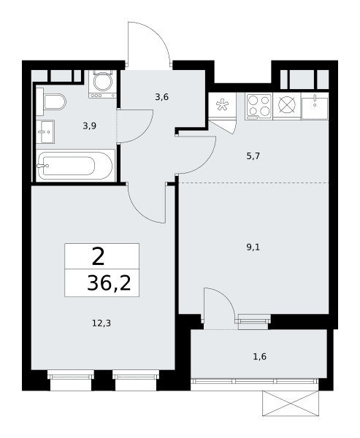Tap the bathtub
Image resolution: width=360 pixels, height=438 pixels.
click(x=75, y=166)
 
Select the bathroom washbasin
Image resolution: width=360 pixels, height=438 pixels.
click(x=45, y=131)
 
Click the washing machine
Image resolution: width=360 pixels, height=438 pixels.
click(x=102, y=84)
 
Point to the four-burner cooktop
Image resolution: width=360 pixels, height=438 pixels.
click(x=258, y=107)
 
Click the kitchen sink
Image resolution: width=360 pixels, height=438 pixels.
click(x=315, y=107)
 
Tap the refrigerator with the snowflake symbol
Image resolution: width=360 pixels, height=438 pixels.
click(x=223, y=107)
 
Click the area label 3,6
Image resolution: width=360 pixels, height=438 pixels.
click(x=162, y=97)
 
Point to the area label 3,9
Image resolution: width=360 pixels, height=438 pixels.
click(x=89, y=126)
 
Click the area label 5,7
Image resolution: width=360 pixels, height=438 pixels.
click(x=253, y=156)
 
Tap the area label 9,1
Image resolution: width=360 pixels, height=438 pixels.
click(x=253, y=247)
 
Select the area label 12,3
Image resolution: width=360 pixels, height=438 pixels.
click(x=102, y=323)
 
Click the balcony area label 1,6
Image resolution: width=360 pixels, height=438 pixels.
click(x=260, y=357)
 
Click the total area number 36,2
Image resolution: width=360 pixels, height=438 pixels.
click(x=109, y=283)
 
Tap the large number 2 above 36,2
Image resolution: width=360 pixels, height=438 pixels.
click(x=98, y=256)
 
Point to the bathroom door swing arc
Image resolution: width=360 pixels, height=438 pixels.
click(x=146, y=132)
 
